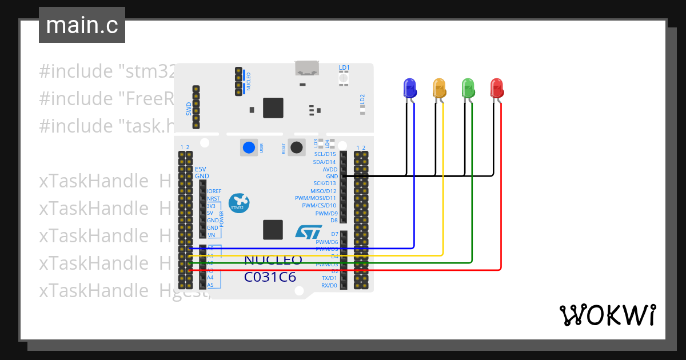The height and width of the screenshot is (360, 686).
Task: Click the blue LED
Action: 409,87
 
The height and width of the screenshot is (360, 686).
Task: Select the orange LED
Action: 439,87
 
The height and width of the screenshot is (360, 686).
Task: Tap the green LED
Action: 468,87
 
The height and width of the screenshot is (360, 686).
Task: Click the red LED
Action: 497,87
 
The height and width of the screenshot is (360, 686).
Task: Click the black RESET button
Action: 296,147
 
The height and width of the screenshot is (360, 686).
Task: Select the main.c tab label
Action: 81,25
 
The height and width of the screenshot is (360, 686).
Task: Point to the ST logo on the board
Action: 309,231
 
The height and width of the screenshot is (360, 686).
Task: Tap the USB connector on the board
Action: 307,67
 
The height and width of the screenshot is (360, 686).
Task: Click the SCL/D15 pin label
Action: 326,154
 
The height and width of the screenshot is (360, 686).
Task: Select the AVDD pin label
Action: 330,169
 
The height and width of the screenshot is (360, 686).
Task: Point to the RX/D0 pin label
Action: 329,285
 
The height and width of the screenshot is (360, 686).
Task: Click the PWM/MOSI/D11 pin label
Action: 316,198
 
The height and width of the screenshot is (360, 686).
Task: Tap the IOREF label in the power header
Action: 214,191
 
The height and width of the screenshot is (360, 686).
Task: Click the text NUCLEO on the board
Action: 273,261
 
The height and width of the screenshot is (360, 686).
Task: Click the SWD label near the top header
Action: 189,109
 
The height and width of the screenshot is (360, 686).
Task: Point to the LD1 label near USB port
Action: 344,67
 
